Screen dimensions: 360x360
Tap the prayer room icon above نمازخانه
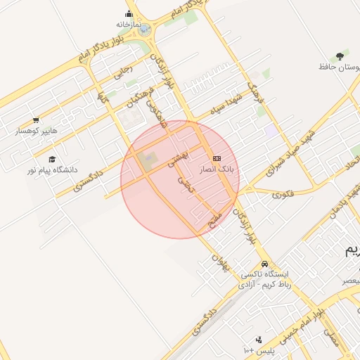(129, 13)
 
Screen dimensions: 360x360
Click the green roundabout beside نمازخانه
(144, 30)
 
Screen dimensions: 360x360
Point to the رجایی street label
(122, 71)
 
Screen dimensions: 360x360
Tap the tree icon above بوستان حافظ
(340, 56)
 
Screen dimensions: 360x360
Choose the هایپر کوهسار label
(37, 131)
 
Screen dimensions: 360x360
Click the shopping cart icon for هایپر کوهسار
(36, 120)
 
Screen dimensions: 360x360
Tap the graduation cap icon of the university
(52, 160)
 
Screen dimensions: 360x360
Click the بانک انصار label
(218, 169)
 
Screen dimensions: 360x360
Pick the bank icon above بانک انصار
(217, 158)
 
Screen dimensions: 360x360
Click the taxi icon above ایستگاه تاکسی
(264, 264)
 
